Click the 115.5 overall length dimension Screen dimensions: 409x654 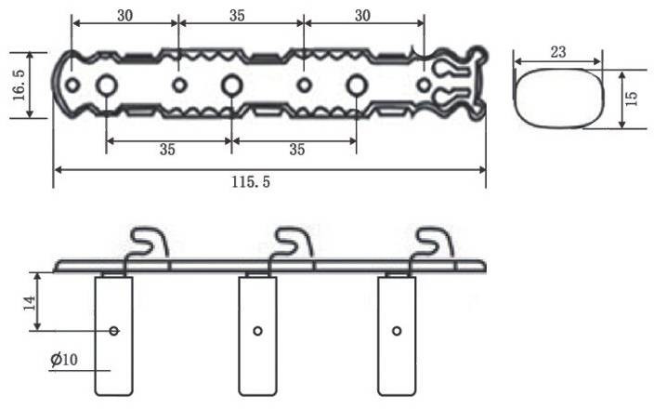(x=251, y=182)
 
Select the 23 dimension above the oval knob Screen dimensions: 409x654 (x=557, y=53)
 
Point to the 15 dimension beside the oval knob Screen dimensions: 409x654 (x=632, y=97)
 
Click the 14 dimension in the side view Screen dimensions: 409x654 (x=29, y=302)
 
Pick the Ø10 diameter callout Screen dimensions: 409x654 (x=65, y=358)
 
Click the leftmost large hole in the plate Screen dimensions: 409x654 (x=106, y=86)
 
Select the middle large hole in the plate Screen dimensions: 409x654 (x=231, y=86)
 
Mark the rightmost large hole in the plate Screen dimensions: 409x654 (x=356, y=86)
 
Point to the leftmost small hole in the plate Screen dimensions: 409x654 (x=72, y=86)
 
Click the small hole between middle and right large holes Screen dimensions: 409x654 (x=304, y=86)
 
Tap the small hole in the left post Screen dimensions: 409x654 (x=114, y=330)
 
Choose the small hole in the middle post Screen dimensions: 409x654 (x=257, y=330)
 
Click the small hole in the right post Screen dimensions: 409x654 (x=397, y=330)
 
